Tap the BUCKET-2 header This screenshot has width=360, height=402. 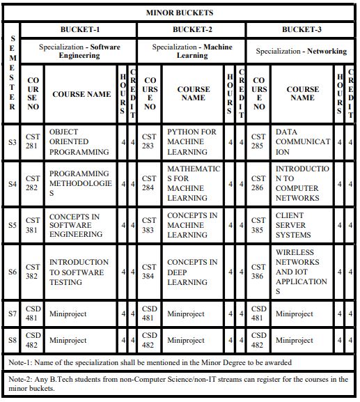(x=192, y=30)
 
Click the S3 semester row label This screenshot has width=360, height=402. (x=13, y=142)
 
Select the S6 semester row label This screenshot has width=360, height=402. (x=13, y=272)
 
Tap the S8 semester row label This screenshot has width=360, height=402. (x=13, y=341)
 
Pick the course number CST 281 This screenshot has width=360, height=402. (x=33, y=142)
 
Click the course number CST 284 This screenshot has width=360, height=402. (x=149, y=183)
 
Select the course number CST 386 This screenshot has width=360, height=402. (x=258, y=272)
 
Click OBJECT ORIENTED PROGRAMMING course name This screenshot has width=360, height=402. (x=69, y=141)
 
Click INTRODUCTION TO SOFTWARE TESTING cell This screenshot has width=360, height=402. (x=79, y=272)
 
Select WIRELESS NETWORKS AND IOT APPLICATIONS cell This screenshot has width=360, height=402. (x=301, y=272)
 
